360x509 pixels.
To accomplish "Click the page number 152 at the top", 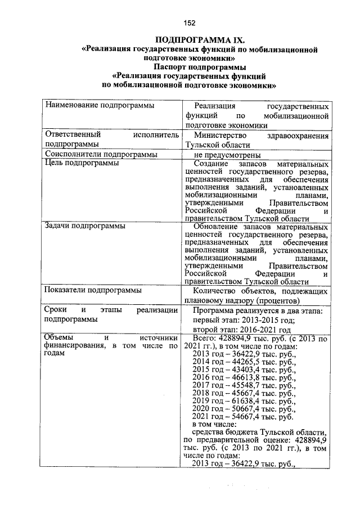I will [x=189, y=23].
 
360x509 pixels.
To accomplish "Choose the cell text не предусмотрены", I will [x=227, y=155].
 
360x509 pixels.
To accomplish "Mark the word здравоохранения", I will [x=299, y=136].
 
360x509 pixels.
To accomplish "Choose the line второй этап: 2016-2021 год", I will [x=242, y=330].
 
